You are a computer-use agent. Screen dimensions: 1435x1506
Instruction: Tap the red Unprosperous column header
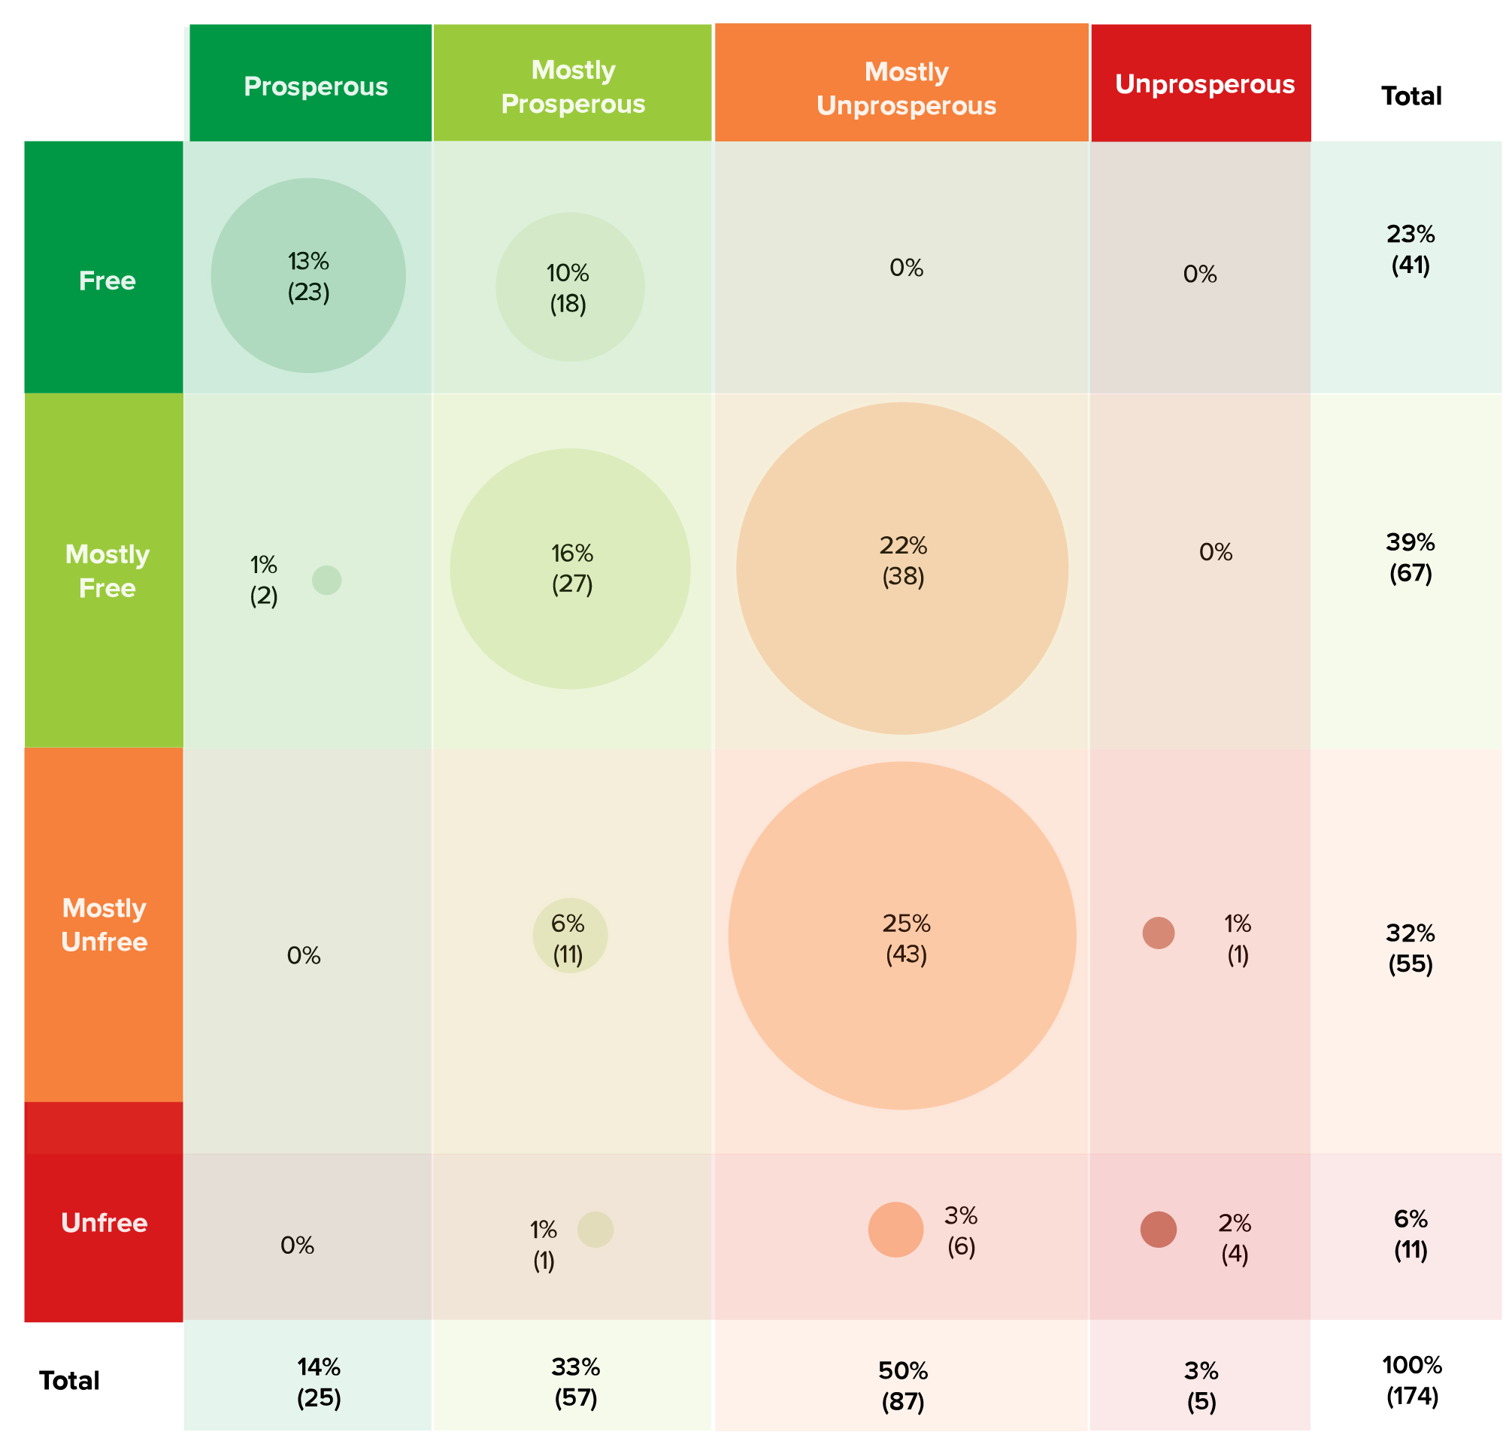click(x=1203, y=83)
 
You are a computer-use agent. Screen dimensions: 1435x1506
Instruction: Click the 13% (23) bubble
click(x=309, y=276)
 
